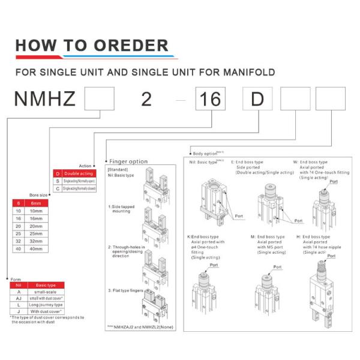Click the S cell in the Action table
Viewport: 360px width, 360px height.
pyautogui.click(x=58, y=181)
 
